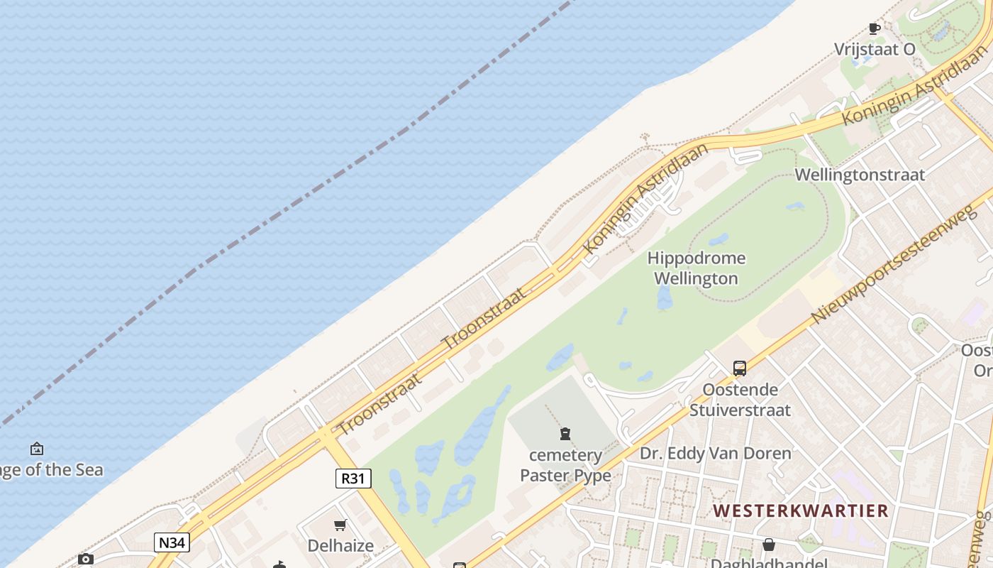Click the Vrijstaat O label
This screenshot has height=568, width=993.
pyautogui.click(x=874, y=49)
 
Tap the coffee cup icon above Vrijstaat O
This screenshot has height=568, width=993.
pyautogui.click(x=875, y=28)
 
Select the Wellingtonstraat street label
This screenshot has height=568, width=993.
pyautogui.click(x=860, y=175)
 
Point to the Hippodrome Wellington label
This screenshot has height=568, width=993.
pyautogui.click(x=696, y=268)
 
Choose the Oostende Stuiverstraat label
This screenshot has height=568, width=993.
pyautogui.click(x=740, y=399)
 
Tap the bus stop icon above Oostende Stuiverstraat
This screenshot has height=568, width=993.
pyautogui.click(x=740, y=368)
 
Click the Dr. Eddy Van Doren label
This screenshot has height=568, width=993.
pyautogui.click(x=715, y=453)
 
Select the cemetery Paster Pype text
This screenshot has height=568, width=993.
pyautogui.click(x=565, y=465)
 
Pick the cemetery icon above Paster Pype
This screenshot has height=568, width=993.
pyautogui.click(x=565, y=433)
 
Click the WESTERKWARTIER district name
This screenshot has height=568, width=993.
pyautogui.click(x=800, y=510)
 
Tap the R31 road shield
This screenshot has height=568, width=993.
pyautogui.click(x=353, y=479)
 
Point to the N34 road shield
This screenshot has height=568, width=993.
pyautogui.click(x=172, y=543)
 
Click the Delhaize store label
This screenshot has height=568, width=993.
pyautogui.click(x=340, y=545)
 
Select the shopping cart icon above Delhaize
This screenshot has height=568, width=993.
pyautogui.click(x=340, y=525)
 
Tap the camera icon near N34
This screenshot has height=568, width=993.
pyautogui.click(x=86, y=559)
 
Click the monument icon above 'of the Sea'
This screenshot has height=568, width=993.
pyautogui.click(x=37, y=449)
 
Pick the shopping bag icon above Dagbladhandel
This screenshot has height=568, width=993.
pyautogui.click(x=768, y=545)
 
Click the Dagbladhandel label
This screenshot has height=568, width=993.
pyautogui.click(x=768, y=563)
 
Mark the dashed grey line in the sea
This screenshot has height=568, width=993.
pyautogui.click(x=284, y=213)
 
